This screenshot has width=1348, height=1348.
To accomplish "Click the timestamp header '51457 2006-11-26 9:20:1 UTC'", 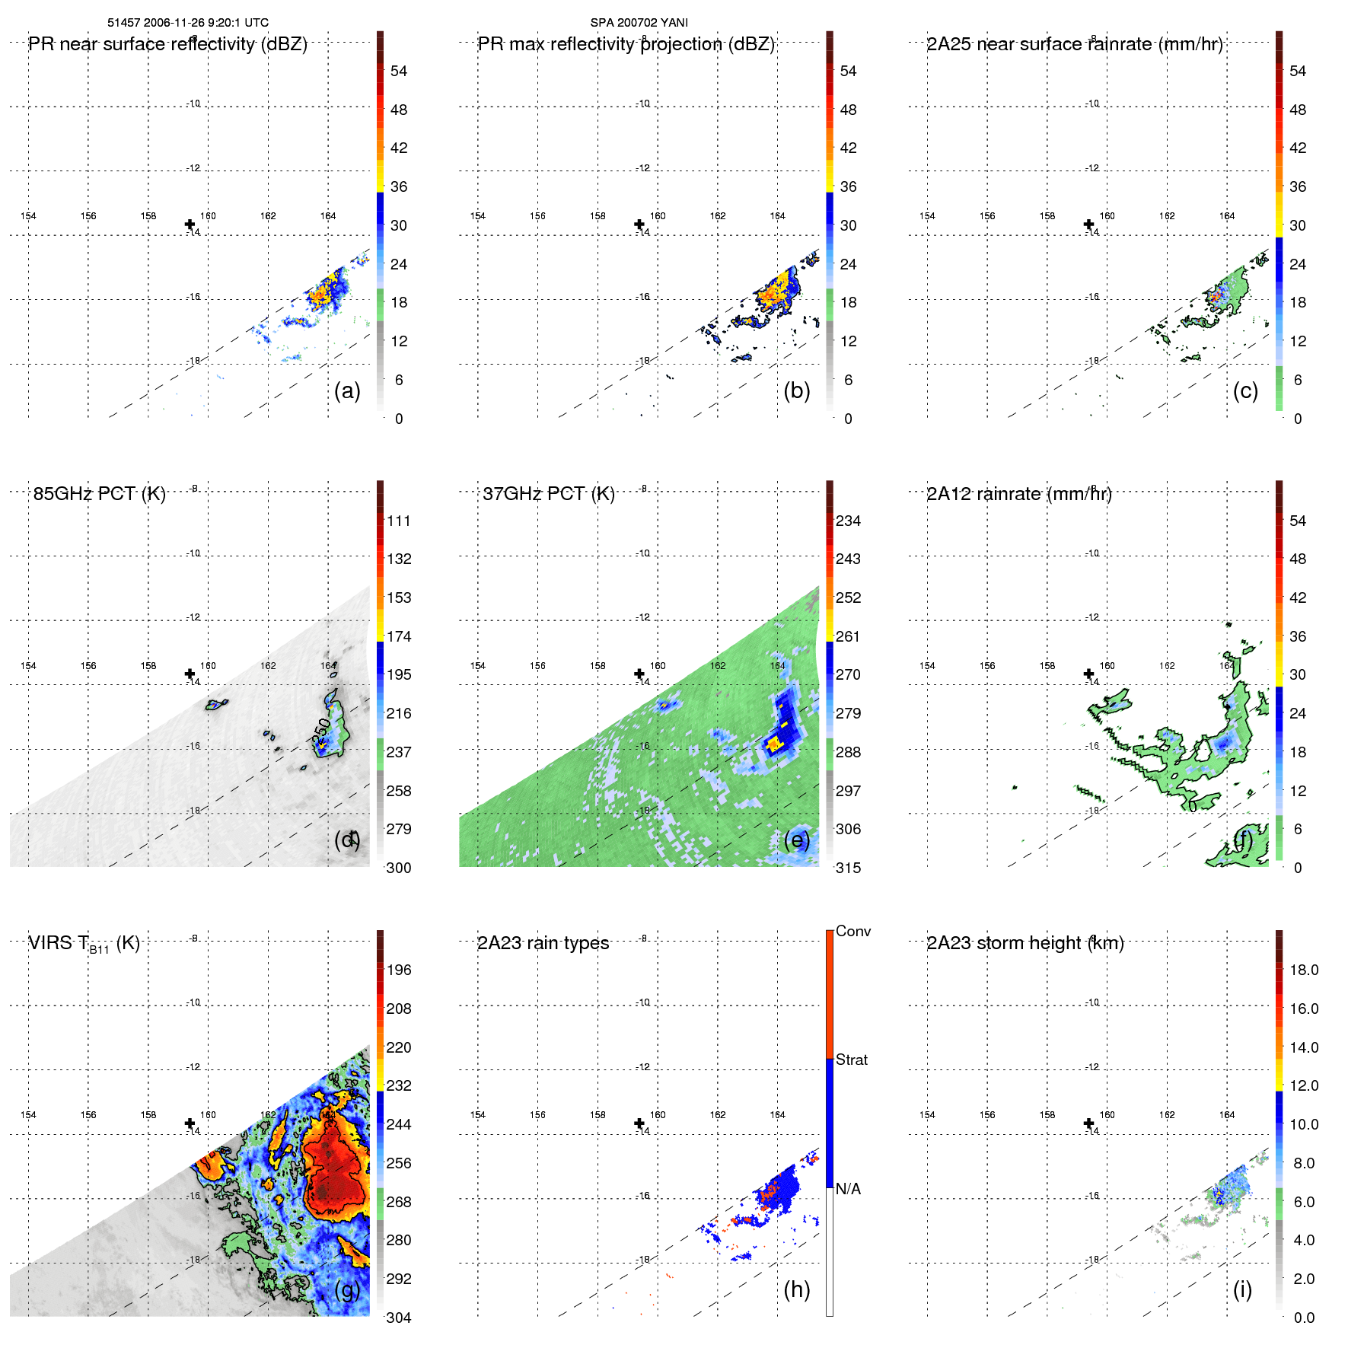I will click(188, 23).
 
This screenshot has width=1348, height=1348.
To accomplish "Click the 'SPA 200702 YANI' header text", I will click(639, 23).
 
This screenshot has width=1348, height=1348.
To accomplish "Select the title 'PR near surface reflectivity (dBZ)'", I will click(167, 44).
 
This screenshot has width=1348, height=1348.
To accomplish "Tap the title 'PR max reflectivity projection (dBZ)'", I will click(626, 44).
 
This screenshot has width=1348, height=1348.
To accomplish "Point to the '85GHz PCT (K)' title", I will click(99, 494).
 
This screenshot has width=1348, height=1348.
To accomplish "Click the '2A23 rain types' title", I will click(543, 943).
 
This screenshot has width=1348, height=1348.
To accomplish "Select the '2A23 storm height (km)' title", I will click(1025, 943).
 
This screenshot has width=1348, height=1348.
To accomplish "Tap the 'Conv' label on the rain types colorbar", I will click(852, 931).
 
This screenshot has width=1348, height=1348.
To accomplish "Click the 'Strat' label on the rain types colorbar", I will click(851, 1060).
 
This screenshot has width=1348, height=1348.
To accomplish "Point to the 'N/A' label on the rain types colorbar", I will click(848, 1189).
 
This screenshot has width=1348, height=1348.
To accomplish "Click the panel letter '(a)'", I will click(347, 390).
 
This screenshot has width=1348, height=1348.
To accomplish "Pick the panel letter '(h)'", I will click(796, 1289).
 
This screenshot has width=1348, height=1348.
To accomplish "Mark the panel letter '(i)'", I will click(1242, 1289).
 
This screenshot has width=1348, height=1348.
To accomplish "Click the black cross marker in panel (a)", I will click(190, 225).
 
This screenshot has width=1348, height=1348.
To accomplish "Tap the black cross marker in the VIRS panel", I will click(190, 1123).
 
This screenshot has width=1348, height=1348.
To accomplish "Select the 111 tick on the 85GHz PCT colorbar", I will click(398, 521).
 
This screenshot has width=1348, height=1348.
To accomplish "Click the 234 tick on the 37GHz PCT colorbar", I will click(848, 521).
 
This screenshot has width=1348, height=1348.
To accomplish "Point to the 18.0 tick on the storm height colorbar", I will click(1303, 970).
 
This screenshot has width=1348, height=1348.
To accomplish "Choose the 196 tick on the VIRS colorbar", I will click(398, 970).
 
